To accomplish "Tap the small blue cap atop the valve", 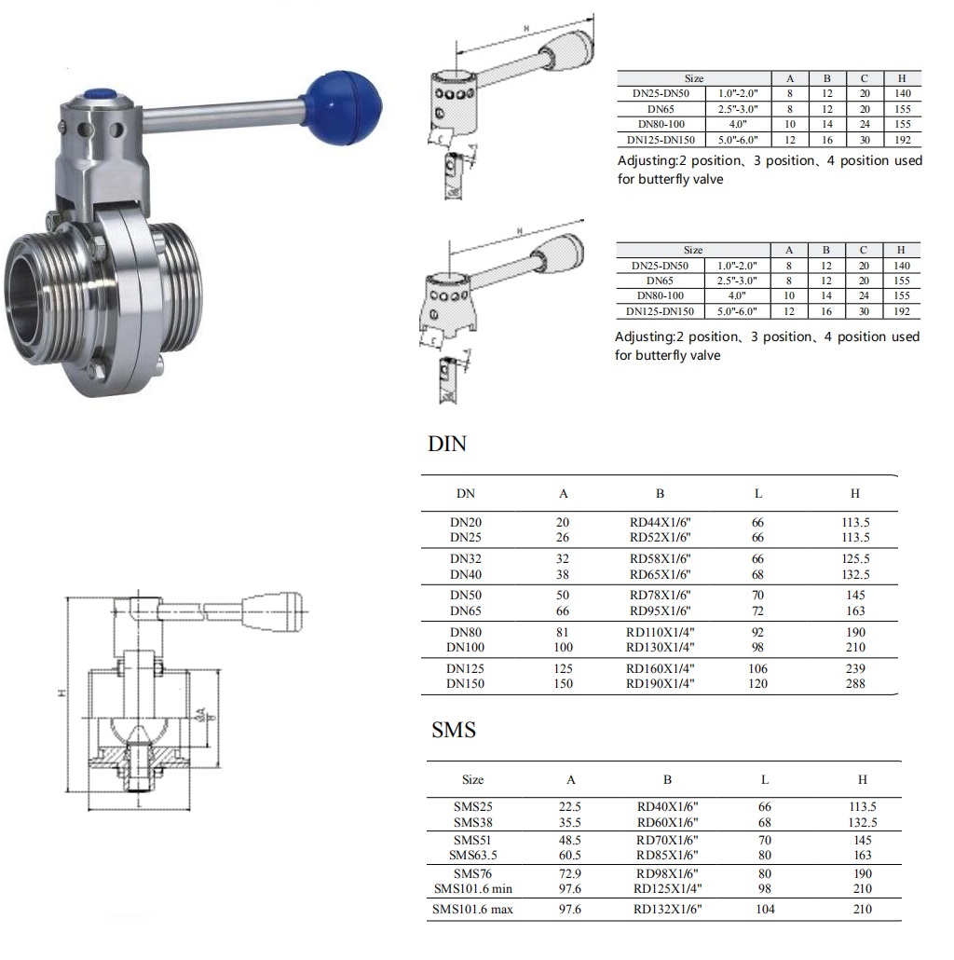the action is [x=102, y=95].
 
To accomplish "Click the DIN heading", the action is [x=447, y=444].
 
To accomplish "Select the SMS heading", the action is [x=454, y=730].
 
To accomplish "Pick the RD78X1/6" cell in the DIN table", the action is [x=660, y=595].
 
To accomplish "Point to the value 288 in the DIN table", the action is [x=855, y=683].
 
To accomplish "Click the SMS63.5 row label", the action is [x=472, y=855].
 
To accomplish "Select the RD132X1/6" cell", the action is [x=667, y=909].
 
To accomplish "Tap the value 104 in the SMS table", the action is [x=765, y=909].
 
